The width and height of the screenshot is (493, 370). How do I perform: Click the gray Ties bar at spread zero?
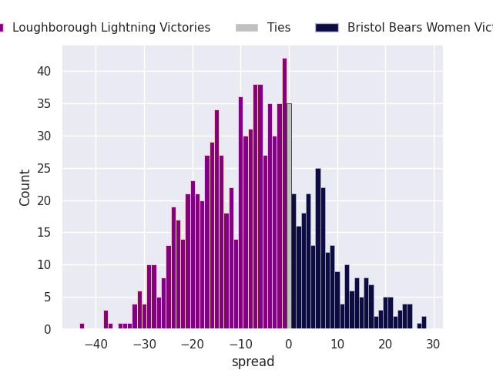point(289,216)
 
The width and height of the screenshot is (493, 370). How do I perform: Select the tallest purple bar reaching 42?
point(284,193)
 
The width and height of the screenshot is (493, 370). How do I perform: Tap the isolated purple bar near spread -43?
point(82,326)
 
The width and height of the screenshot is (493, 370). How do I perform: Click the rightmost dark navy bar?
point(424,323)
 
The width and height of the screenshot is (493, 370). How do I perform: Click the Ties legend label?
point(279,28)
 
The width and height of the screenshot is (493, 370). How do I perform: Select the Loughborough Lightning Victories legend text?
point(111,28)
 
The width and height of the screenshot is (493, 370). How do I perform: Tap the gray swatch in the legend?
point(246,28)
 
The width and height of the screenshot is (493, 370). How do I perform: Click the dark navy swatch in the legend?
point(327,28)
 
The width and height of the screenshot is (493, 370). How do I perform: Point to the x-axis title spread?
point(253,362)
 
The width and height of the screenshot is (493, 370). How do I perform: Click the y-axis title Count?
point(25,187)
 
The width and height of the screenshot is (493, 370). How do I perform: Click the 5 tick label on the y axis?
point(47,297)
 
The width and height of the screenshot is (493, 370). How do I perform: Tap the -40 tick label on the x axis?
point(96,344)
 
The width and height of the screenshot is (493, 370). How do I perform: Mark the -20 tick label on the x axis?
point(192,344)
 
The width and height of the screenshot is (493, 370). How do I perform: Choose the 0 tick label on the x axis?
point(289,344)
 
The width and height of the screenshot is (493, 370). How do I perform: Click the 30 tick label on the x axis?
point(434,344)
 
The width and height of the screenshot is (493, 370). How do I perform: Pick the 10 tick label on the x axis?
point(337,344)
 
